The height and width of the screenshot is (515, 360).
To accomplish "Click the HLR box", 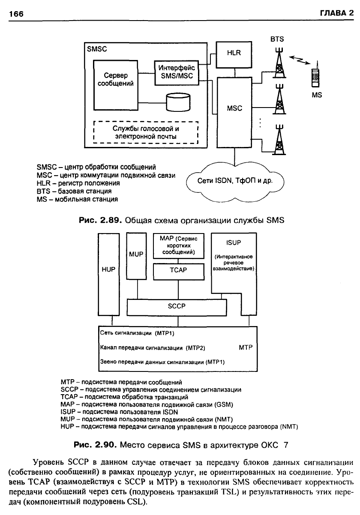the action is (234, 55).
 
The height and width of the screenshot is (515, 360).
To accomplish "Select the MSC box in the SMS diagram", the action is (234, 112).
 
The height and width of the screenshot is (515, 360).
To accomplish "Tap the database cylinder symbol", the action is (178, 102).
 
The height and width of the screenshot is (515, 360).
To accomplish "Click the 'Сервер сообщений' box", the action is (115, 85).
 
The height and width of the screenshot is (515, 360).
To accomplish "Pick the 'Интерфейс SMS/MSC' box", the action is (177, 73).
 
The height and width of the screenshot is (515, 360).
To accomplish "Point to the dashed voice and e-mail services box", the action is (146, 132).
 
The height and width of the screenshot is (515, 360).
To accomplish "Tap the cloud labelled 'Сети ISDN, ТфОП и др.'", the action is (235, 181).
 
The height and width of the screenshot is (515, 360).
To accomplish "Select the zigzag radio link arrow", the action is (300, 60).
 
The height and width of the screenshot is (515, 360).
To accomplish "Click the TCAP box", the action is (179, 272).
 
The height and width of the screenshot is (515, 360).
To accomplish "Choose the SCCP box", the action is (177, 307).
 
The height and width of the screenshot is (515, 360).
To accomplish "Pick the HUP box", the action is (108, 274).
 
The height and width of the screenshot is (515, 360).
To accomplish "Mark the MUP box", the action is (136, 256).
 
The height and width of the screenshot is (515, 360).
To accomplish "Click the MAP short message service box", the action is (179, 246).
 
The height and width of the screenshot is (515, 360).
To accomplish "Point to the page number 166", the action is (16, 14).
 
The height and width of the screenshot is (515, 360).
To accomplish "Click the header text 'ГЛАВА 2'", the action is (337, 13).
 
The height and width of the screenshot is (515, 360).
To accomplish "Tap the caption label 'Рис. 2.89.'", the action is (100, 220).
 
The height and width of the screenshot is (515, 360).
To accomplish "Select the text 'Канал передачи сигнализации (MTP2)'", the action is (153, 347).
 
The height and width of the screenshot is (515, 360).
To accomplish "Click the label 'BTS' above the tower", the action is (277, 39).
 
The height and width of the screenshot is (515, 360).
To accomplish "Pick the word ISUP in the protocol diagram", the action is (234, 243).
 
